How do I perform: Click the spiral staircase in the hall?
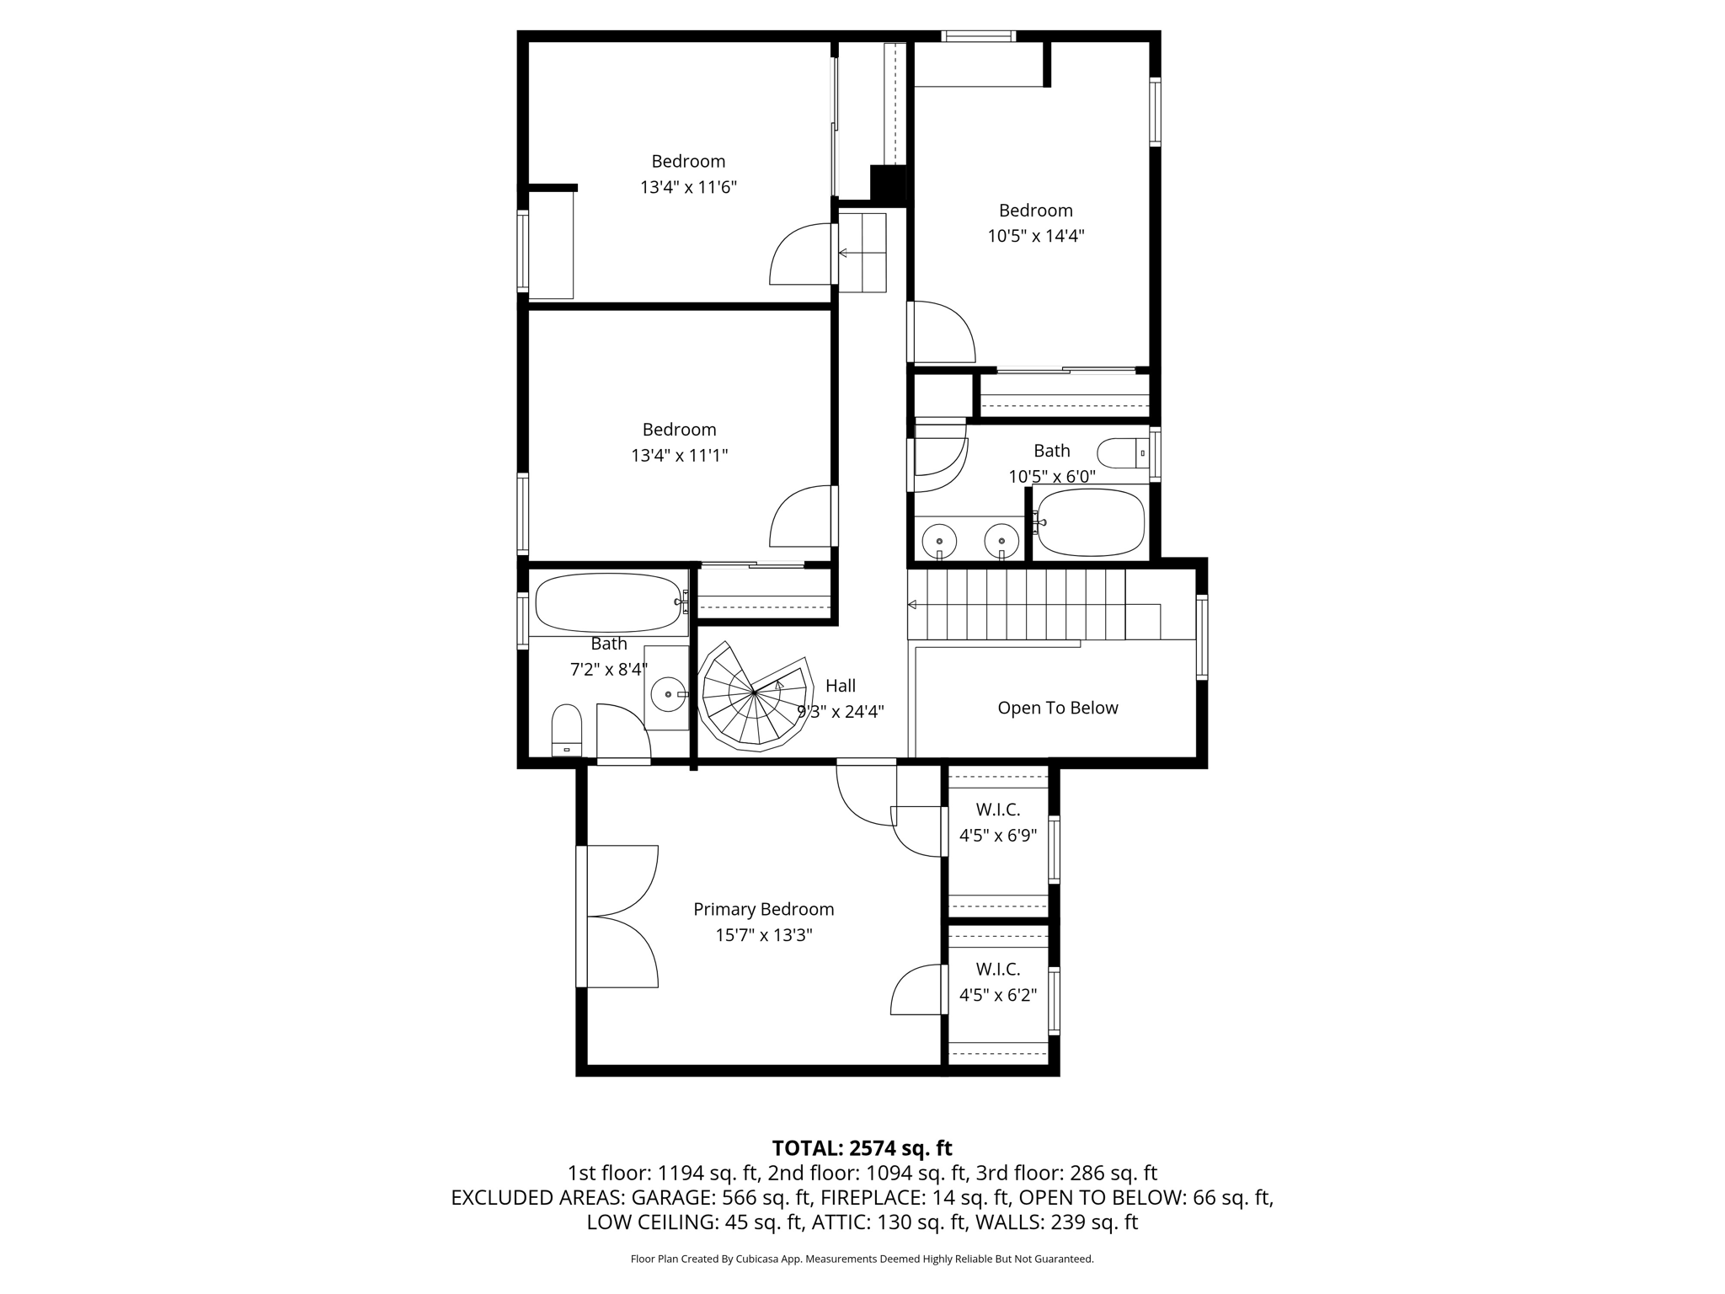click(752, 695)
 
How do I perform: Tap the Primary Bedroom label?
click(763, 909)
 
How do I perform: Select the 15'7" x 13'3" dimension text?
click(763, 935)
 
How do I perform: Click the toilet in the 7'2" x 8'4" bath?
click(566, 731)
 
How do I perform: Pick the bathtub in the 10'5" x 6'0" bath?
click(1091, 522)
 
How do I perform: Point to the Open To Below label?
click(1058, 708)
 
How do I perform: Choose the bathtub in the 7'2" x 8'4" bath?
click(607, 602)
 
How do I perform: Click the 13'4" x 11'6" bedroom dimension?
click(688, 187)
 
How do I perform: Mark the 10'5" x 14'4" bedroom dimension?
click(1035, 236)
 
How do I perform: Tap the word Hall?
click(841, 686)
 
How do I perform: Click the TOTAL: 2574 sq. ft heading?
click(862, 1148)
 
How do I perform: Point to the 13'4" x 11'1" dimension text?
click(679, 456)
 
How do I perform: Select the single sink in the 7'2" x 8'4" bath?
click(668, 694)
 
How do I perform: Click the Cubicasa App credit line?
click(862, 1259)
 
